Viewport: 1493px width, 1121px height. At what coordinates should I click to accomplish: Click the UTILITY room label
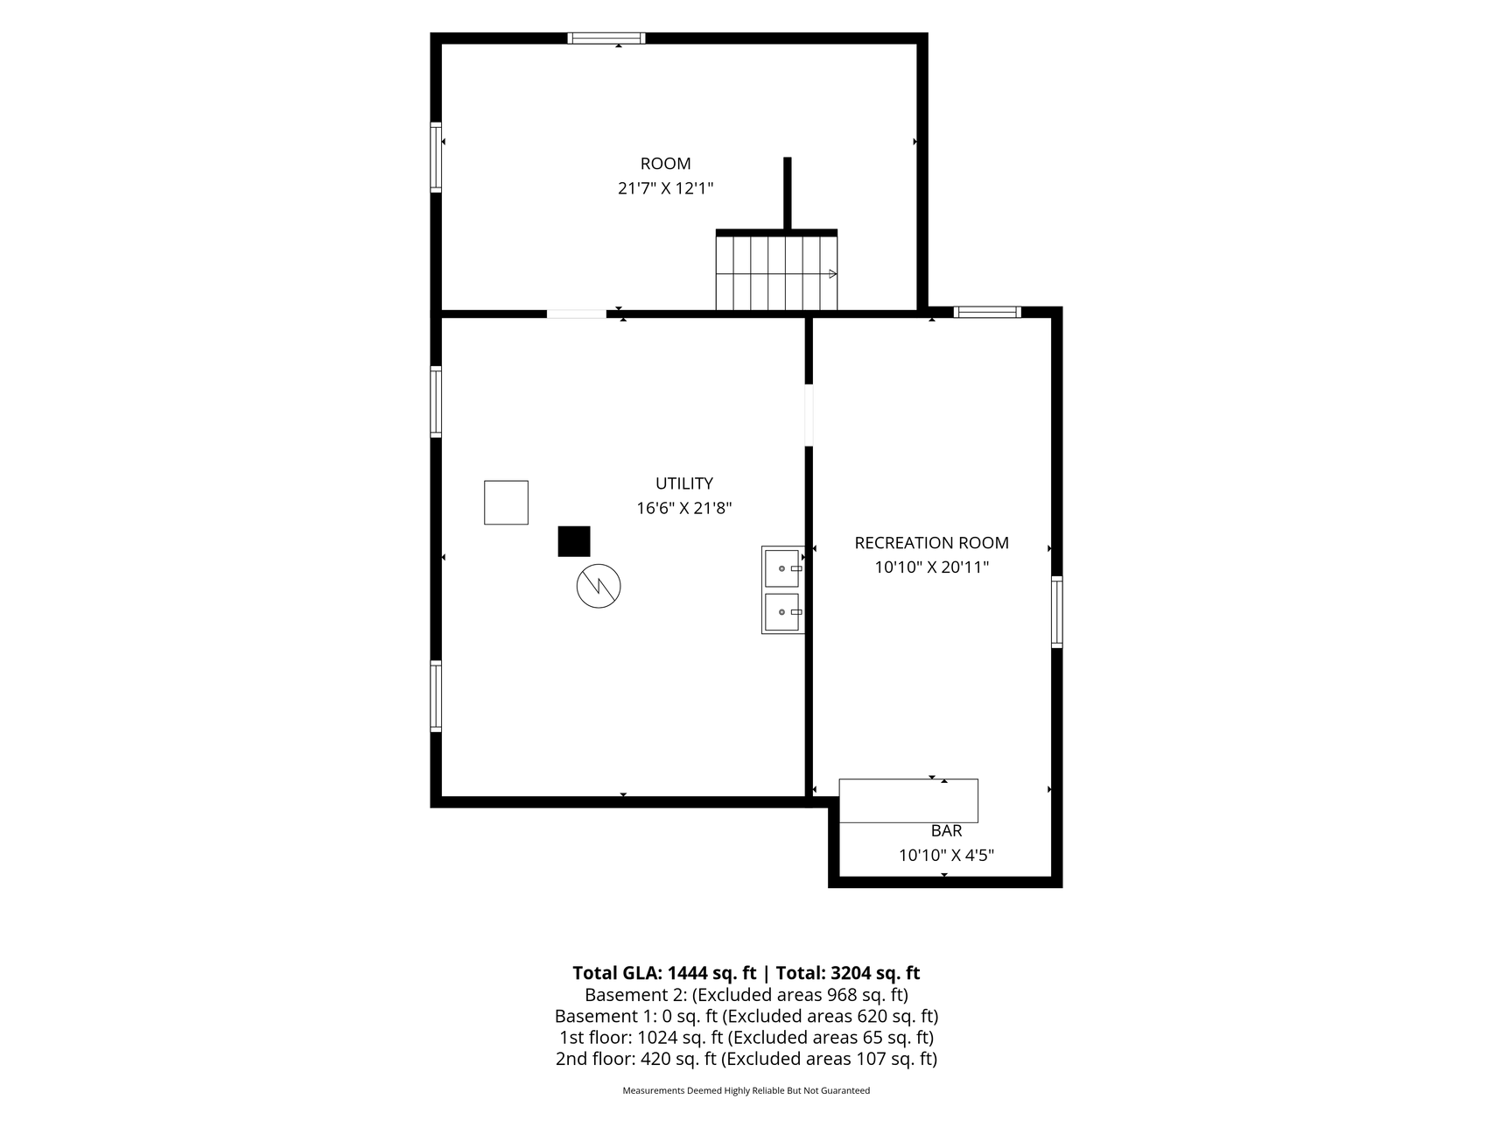tap(683, 483)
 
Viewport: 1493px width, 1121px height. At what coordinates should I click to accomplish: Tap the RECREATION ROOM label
tap(931, 543)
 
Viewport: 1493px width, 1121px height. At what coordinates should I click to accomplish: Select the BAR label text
tap(946, 831)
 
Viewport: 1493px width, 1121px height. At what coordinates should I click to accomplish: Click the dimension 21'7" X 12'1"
tap(666, 188)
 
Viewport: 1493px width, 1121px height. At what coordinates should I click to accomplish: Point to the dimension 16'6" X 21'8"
tap(683, 508)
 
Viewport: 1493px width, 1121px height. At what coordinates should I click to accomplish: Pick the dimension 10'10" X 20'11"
tap(931, 568)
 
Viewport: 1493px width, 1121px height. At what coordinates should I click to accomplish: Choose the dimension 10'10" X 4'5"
tap(946, 856)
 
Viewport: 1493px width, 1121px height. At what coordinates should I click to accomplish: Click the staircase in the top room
tap(776, 270)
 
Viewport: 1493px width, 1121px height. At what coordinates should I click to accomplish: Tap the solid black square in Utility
tap(574, 541)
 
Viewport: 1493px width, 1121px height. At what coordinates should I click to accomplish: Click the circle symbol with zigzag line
tap(599, 587)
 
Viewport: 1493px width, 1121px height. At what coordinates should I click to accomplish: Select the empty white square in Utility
tap(506, 503)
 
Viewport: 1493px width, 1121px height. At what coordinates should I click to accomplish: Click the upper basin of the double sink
tap(782, 568)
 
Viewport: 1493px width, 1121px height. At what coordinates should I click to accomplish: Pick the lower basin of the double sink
tap(782, 612)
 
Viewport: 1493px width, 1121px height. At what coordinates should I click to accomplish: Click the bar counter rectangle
tap(908, 800)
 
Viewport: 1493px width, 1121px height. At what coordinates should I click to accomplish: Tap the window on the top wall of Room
tap(606, 39)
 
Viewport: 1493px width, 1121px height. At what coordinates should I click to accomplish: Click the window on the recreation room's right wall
tap(1057, 612)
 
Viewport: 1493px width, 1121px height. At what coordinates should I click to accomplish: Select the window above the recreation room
tap(987, 312)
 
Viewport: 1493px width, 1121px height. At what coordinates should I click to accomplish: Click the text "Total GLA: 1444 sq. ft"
tap(664, 973)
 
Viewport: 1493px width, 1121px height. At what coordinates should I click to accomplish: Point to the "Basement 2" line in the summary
tap(746, 995)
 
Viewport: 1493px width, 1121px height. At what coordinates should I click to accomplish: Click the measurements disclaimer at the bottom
tap(746, 1091)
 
